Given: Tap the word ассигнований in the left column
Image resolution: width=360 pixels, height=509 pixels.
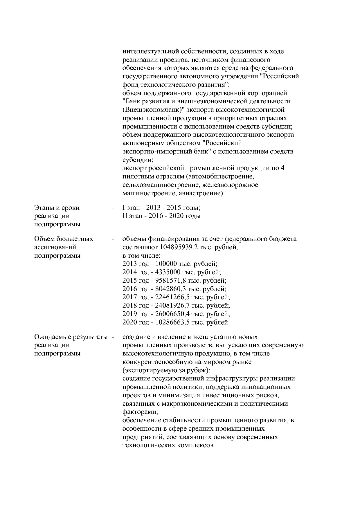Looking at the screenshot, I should click(55, 247).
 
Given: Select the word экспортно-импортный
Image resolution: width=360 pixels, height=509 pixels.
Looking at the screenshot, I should click(154, 151).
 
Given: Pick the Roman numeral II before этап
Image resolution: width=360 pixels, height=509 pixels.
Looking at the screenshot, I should click(125, 216).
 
